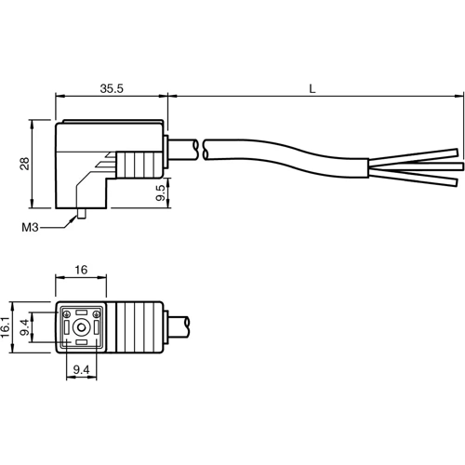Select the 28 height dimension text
click(x=25, y=163)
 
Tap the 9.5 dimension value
click(x=161, y=195)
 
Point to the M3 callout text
click(x=29, y=227)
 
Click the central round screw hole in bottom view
click(x=84, y=327)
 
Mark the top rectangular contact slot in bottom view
click(x=84, y=312)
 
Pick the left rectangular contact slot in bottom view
click(x=68, y=327)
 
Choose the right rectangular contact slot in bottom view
click(x=99, y=327)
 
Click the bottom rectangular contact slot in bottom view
click(x=84, y=343)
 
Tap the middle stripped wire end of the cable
click(x=455, y=166)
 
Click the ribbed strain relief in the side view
click(x=140, y=166)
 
